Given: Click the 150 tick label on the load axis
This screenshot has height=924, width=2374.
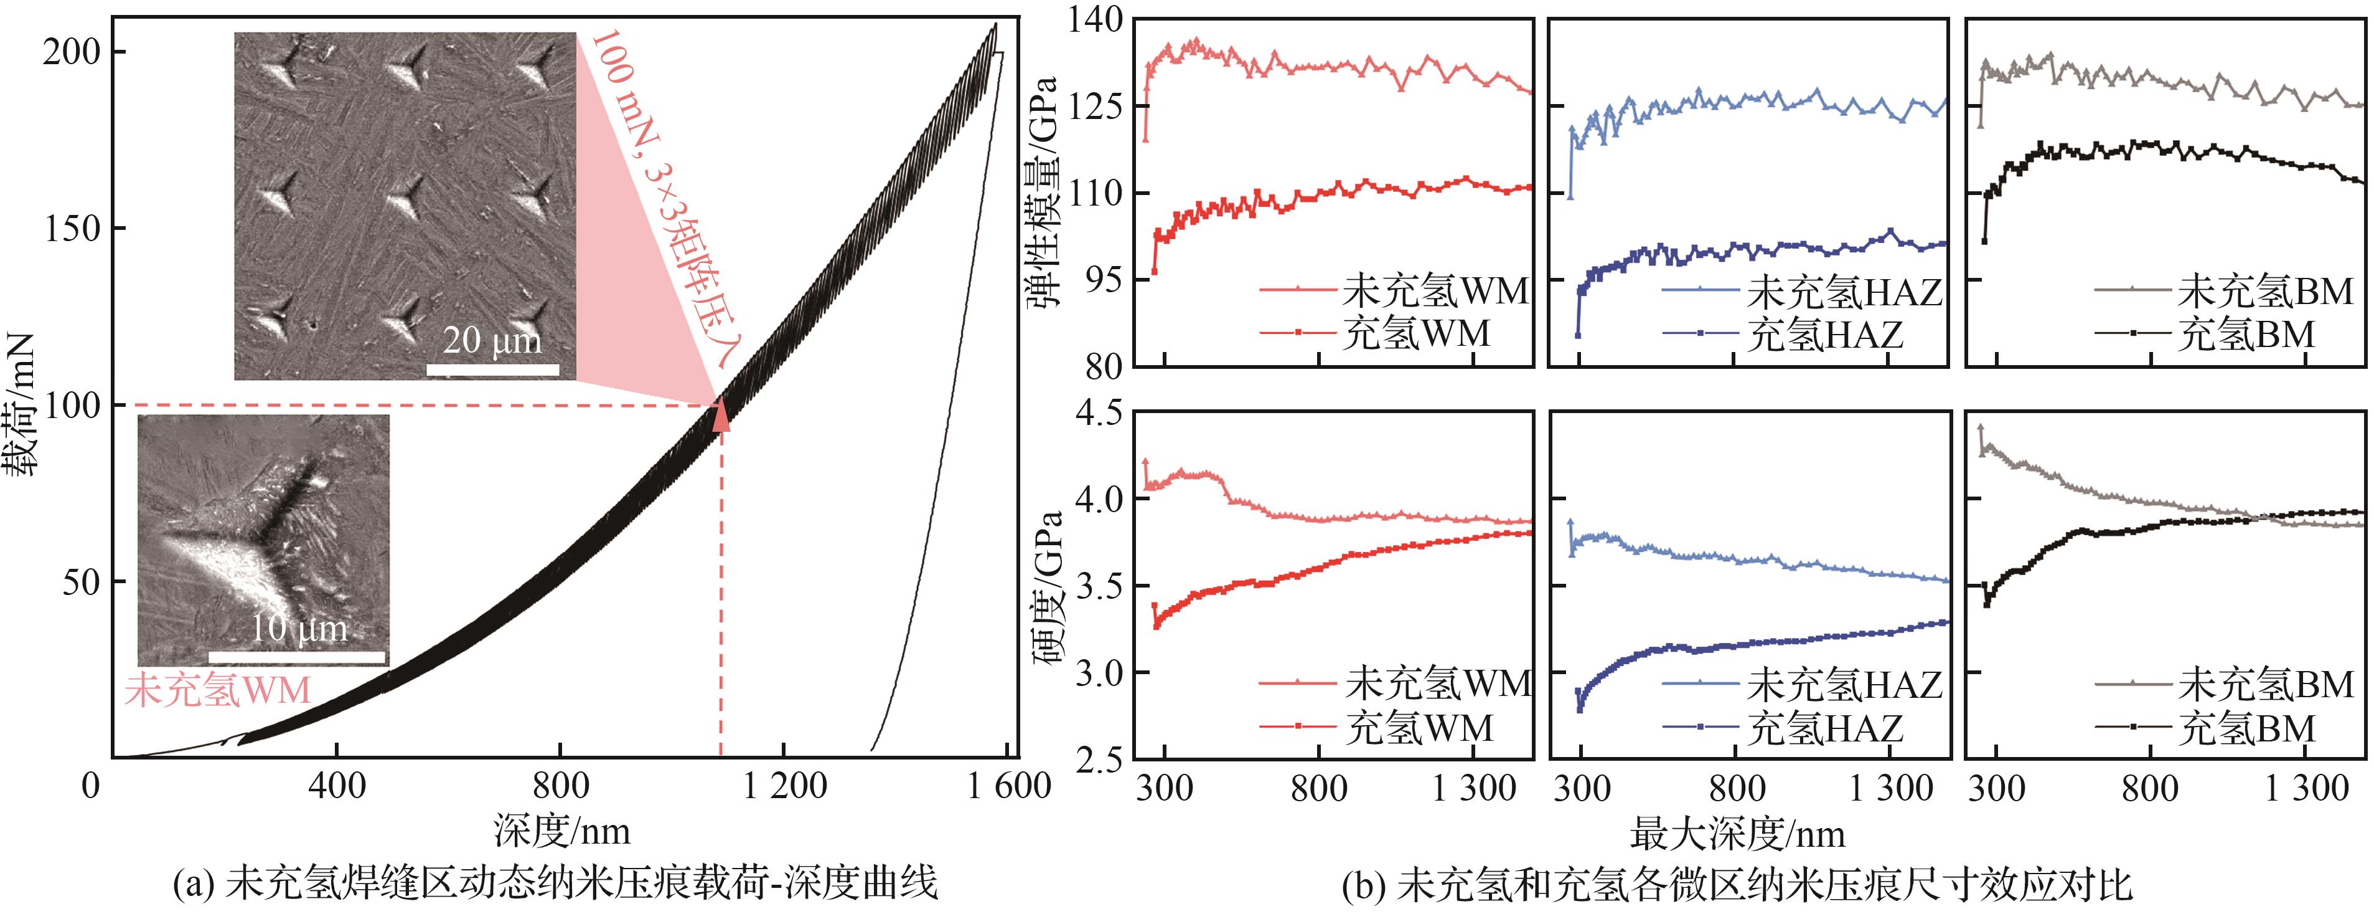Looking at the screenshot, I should pyautogui.click(x=72, y=229).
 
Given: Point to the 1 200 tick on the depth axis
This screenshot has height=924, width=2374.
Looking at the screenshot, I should pyautogui.click(x=784, y=786).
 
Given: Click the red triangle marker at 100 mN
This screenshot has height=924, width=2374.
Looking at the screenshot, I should pyautogui.click(x=721, y=416).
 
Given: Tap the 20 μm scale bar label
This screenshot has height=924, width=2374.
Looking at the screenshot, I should pyautogui.click(x=492, y=341).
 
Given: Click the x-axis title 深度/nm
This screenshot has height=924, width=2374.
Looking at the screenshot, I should pyautogui.click(x=562, y=832).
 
